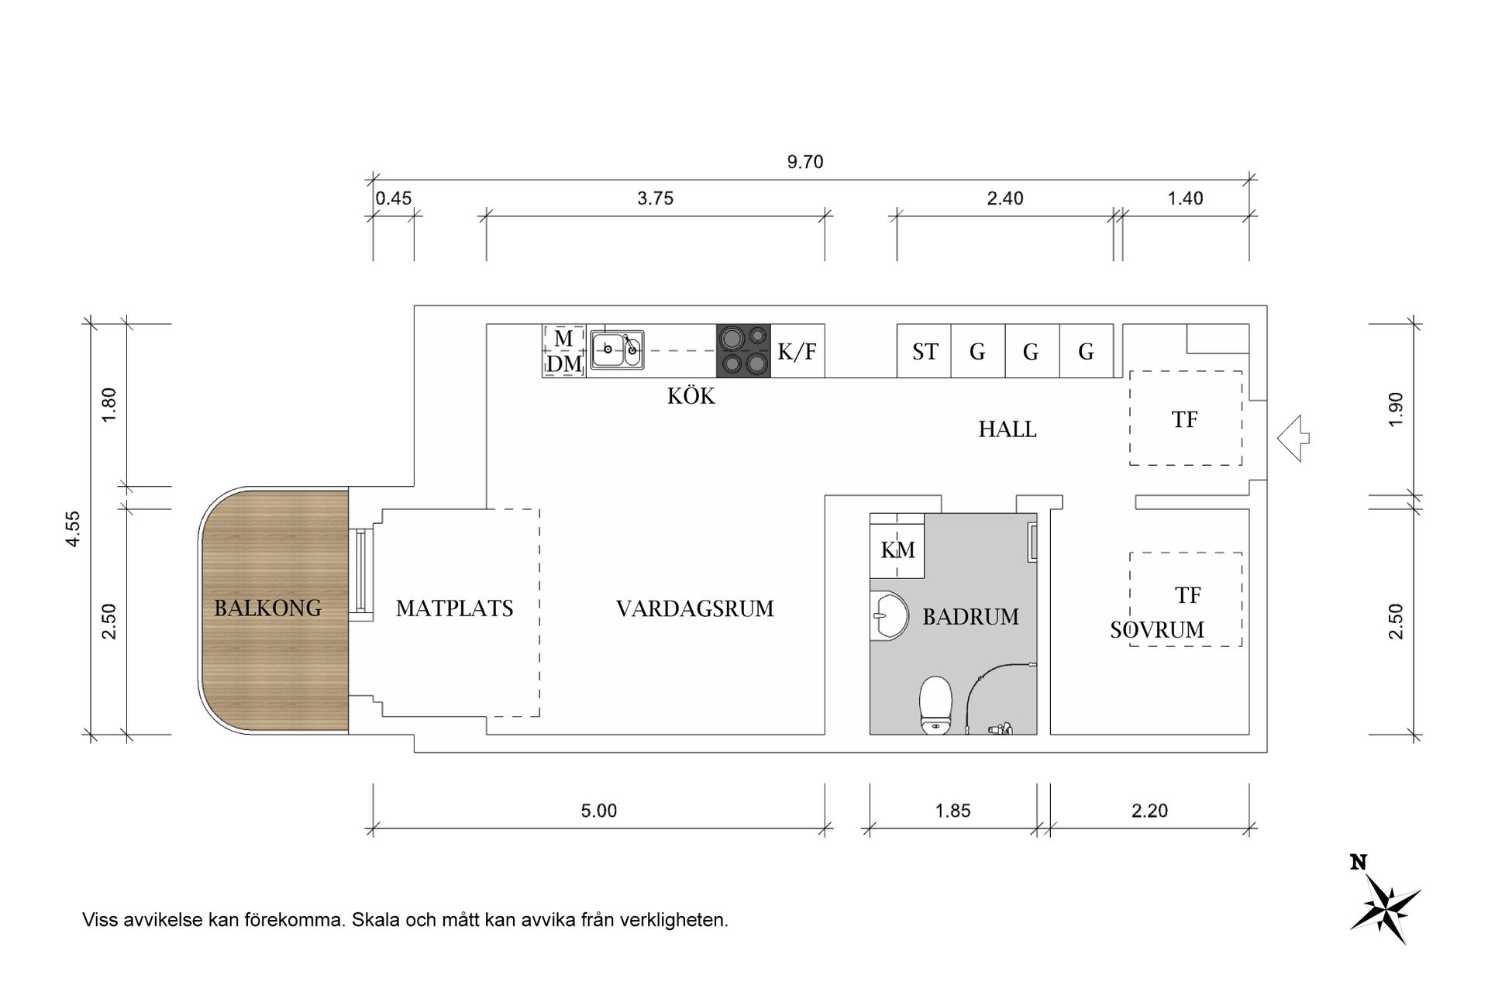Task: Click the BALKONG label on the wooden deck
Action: [x=267, y=608]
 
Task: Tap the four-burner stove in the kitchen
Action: [x=743, y=351]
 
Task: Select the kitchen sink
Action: [x=617, y=350]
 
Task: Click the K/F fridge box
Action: [x=797, y=352]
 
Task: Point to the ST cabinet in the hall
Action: [x=925, y=352]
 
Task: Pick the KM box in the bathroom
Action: [x=897, y=550]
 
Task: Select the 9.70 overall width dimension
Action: [x=805, y=163]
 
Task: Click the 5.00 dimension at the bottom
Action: [x=598, y=811]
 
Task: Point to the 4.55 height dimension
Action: [x=73, y=529]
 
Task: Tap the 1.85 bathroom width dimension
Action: [x=952, y=811]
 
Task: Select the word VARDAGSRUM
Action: [x=694, y=609]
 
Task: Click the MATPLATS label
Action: [x=454, y=609]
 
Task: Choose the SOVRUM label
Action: [x=1157, y=630]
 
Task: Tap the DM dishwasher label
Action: [x=564, y=364]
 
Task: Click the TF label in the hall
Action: [x=1184, y=420]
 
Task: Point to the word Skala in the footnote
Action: [x=374, y=921]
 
